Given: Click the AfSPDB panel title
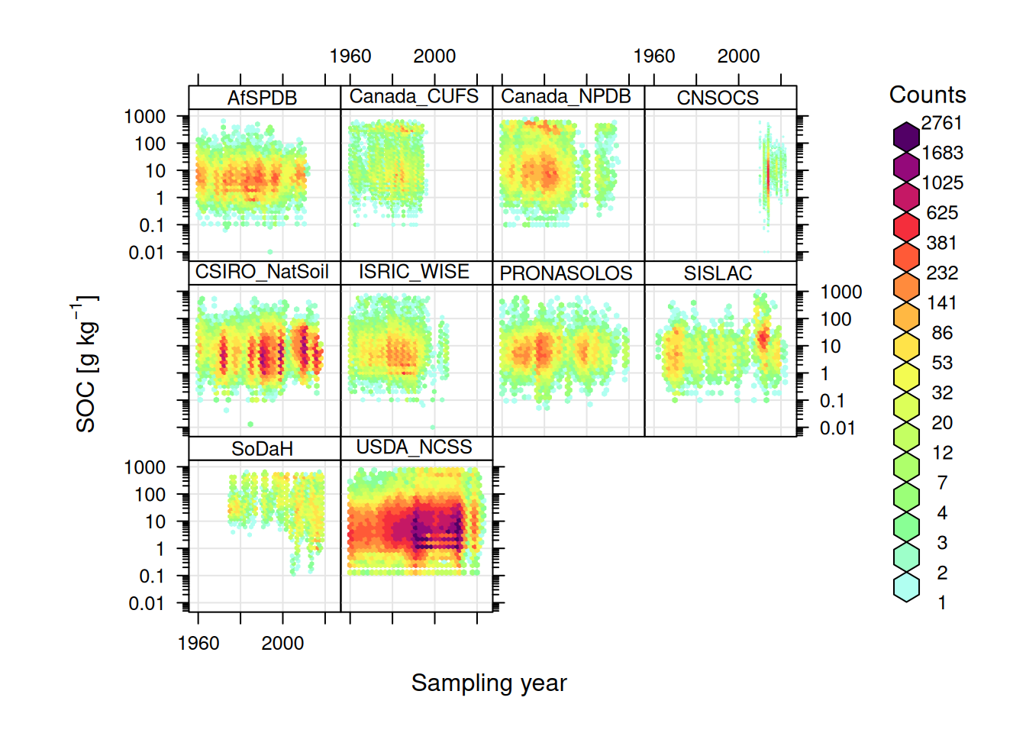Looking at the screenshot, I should tap(262, 98).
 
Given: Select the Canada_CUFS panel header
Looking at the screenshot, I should tap(414, 96).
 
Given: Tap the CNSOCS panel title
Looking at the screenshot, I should tap(718, 98).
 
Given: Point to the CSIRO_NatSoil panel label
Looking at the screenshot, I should tap(262, 272).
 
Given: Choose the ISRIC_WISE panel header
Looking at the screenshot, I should tap(414, 272).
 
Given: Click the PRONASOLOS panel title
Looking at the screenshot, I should tap(566, 273).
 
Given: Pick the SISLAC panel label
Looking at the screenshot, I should tap(718, 273).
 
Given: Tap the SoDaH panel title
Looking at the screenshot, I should tap(262, 448).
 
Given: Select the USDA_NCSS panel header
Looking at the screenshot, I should tap(414, 447).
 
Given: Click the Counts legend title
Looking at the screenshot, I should tap(928, 95).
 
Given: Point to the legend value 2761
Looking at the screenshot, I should tap(941, 123).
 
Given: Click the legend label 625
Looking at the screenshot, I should tap(942, 213).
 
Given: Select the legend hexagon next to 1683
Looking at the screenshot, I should tap(906, 166).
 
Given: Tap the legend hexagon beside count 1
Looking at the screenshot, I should tap(906, 586).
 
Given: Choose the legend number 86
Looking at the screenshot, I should tap(942, 333).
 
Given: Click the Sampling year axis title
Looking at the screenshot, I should tap(489, 683).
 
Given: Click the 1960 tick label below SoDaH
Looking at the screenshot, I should tap(198, 643).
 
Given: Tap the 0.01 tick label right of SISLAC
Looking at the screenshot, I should tap(837, 428).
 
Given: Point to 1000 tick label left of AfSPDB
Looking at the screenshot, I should tap(145, 117).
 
